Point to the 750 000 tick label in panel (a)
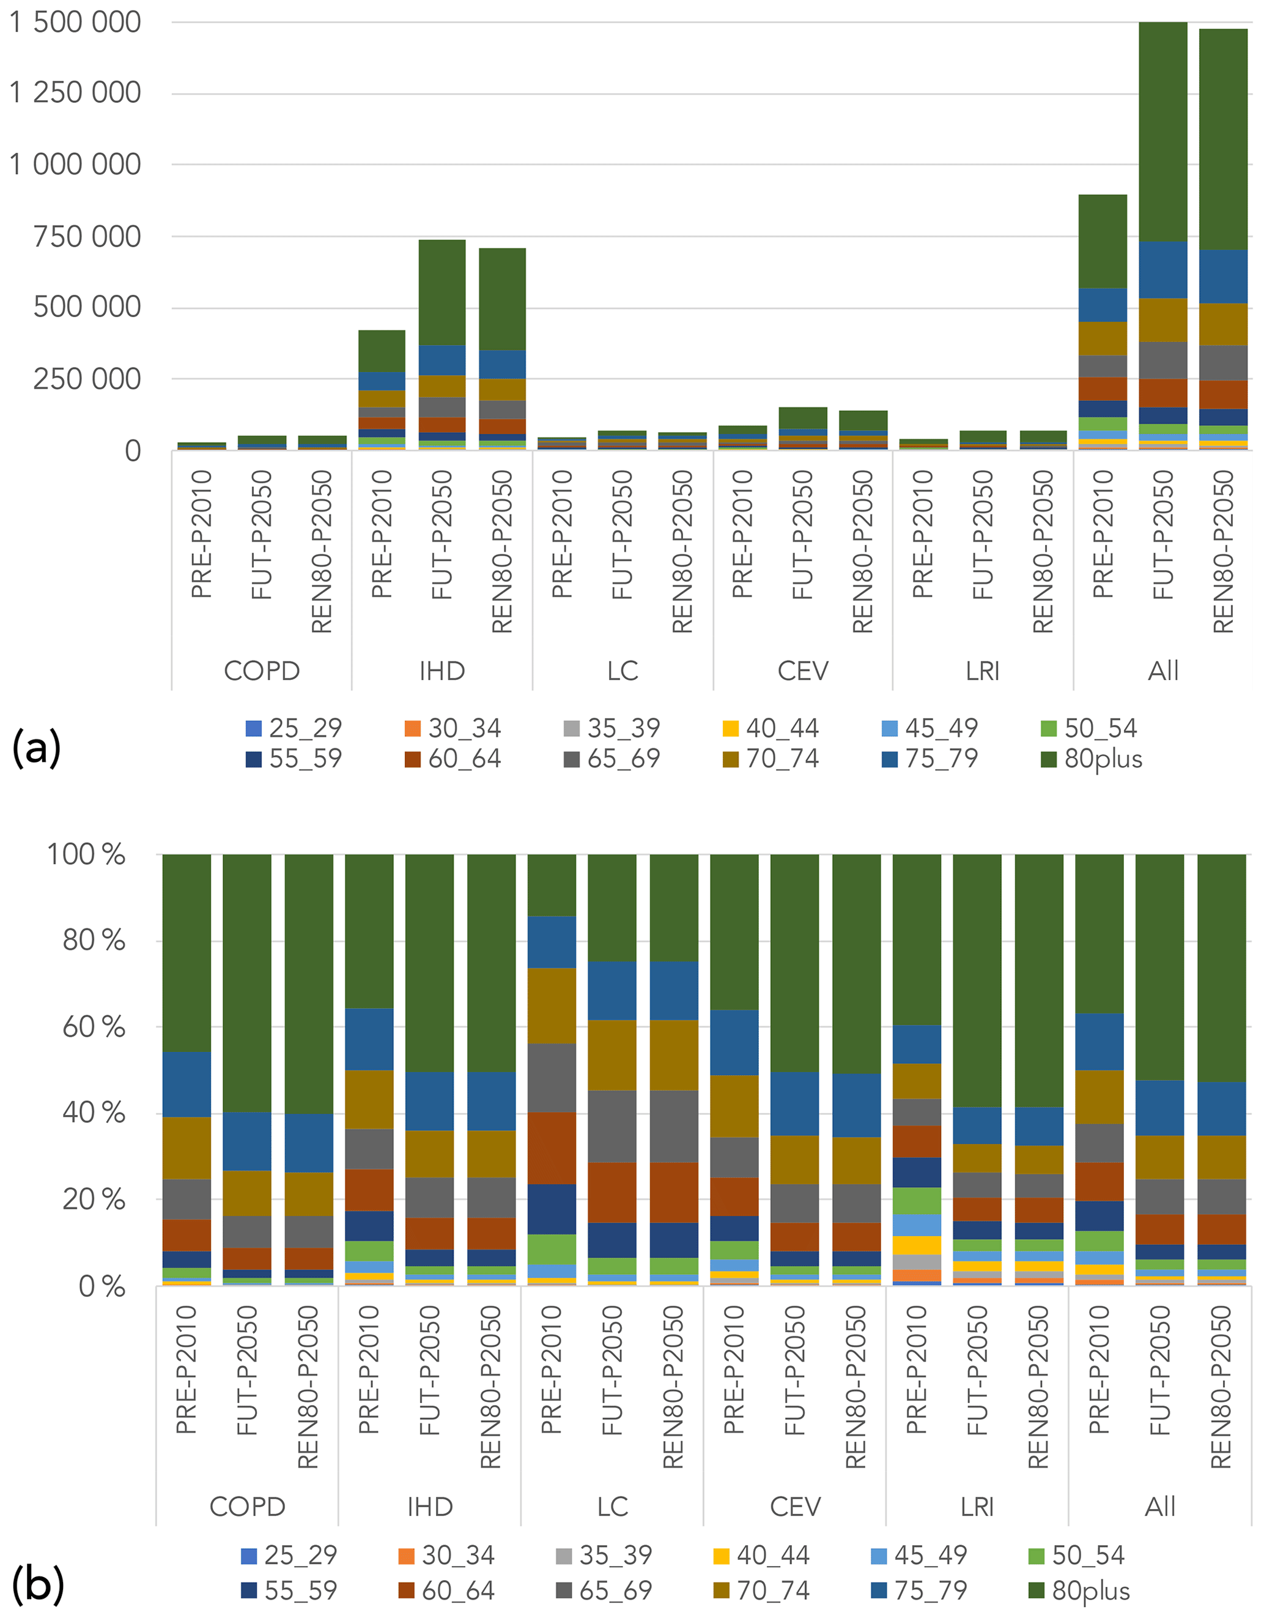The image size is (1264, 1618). tap(87, 237)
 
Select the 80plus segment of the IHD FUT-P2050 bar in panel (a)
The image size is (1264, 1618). tap(442, 293)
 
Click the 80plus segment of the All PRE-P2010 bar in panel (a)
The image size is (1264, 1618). tap(1102, 242)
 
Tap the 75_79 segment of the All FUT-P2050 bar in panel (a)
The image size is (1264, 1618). tap(1162, 270)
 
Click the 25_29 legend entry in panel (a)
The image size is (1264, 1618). tap(294, 728)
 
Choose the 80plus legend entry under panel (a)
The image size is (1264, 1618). tap(1092, 759)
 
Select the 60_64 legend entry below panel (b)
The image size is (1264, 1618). tap(446, 1590)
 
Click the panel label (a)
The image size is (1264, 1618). tap(36, 748)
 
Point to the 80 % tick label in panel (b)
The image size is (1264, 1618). tap(94, 941)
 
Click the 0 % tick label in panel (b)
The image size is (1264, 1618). tap(102, 1287)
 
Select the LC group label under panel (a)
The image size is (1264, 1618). tap(622, 671)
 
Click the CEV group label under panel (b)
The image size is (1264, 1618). tap(794, 1507)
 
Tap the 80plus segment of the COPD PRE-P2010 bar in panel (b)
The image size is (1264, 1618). tap(187, 953)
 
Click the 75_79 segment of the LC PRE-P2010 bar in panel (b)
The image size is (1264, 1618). tap(552, 942)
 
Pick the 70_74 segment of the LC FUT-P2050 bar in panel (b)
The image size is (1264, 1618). tap(612, 1055)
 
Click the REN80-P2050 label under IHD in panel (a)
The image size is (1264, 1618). tap(502, 552)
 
